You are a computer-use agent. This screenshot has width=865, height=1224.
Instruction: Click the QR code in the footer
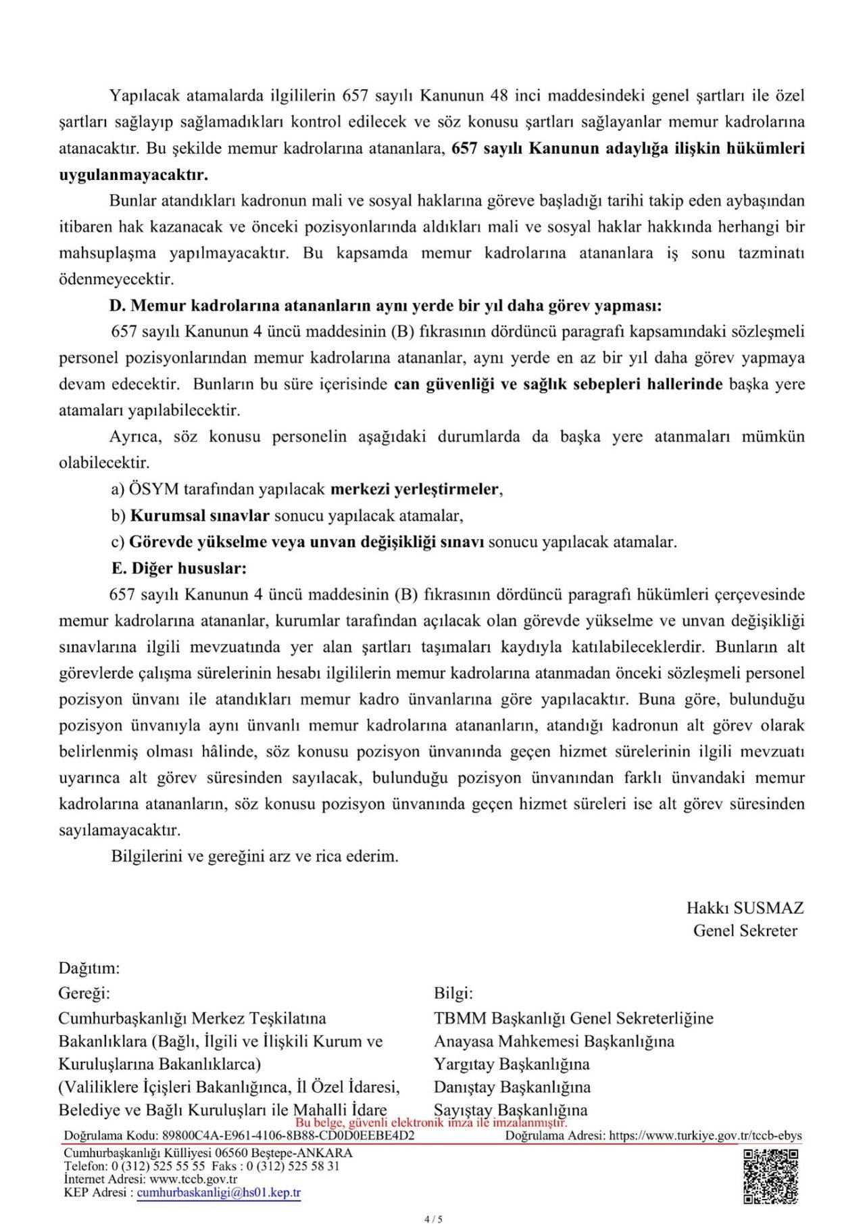point(770,1177)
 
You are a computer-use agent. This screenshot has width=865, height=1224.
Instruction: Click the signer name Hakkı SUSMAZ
point(745,908)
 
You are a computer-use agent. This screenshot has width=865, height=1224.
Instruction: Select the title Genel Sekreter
point(745,931)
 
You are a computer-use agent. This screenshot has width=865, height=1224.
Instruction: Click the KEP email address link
point(219,1192)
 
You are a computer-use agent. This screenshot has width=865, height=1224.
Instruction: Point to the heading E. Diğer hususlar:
point(179,568)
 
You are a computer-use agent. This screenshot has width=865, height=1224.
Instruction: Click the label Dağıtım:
point(89,968)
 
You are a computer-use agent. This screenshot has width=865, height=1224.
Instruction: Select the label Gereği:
point(84,993)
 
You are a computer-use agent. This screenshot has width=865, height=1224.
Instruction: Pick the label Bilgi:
point(453,993)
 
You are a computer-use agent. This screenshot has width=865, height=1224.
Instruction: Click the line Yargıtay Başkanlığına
point(512,1064)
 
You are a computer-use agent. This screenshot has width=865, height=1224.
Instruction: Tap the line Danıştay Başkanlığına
point(512,1087)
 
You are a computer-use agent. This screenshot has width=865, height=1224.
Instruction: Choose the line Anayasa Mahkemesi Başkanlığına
point(554,1041)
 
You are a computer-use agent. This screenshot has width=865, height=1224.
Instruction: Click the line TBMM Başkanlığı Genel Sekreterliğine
point(574,1018)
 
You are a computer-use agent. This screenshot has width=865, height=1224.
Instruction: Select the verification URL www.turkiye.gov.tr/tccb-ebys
point(706,1135)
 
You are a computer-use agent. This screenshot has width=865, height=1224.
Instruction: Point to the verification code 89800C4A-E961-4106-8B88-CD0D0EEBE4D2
point(288,1135)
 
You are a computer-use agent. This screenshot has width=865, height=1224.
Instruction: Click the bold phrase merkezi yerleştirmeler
point(415,489)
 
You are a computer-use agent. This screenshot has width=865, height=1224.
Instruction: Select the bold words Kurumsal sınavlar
point(199,515)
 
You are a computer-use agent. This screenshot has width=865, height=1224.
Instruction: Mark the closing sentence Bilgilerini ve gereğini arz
point(255,856)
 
